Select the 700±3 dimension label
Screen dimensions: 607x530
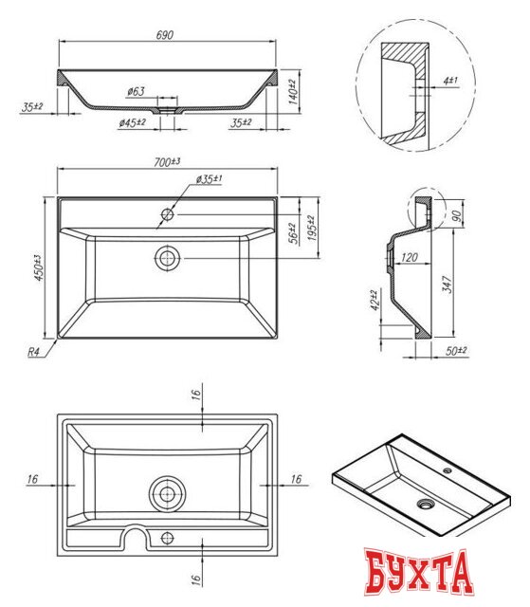click(167, 163)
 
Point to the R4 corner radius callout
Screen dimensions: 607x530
click(34, 352)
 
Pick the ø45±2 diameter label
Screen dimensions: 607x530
click(132, 123)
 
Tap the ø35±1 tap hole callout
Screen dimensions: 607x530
click(210, 179)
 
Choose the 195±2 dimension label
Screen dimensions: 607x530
click(310, 228)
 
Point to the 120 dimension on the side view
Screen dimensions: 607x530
click(410, 257)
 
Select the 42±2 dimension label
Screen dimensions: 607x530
click(375, 301)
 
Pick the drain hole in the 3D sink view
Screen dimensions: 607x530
click(422, 504)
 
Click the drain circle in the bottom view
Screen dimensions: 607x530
click(168, 493)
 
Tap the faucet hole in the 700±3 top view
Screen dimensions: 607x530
click(167, 214)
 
